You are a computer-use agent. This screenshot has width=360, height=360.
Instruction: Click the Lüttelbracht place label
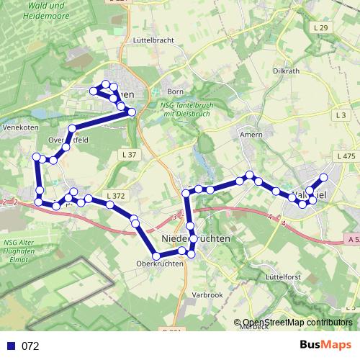(x=154, y=42)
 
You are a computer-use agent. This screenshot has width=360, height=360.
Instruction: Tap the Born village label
(x=176, y=91)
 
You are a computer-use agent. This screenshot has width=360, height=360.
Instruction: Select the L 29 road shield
(x=321, y=27)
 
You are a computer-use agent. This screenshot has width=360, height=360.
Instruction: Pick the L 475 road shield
(x=346, y=156)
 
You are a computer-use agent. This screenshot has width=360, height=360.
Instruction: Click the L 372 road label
(x=116, y=196)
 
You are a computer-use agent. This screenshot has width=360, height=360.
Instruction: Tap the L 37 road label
(x=130, y=155)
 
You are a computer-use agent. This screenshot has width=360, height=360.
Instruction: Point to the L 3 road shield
(x=341, y=115)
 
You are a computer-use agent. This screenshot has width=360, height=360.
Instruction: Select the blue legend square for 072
(x=11, y=346)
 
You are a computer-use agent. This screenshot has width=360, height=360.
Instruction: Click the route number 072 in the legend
(x=30, y=346)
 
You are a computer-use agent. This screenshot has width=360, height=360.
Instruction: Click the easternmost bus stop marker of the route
(x=323, y=177)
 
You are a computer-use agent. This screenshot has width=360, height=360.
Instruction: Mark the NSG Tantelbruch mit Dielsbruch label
(x=176, y=109)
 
